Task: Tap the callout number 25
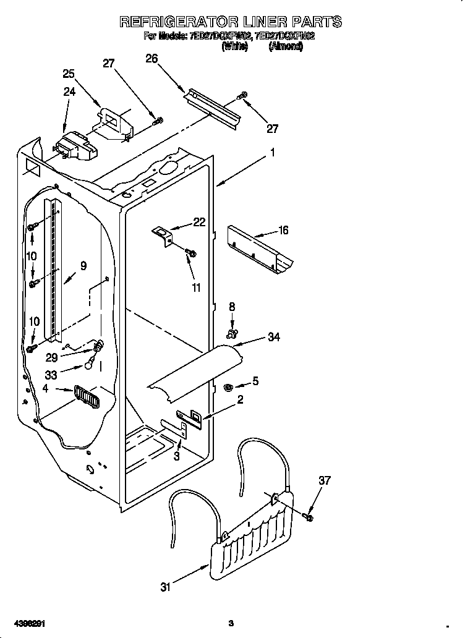(x=69, y=74)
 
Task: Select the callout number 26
(x=151, y=59)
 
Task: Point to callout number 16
(x=283, y=231)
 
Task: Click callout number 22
(x=198, y=223)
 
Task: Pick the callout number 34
(x=273, y=337)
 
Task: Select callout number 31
(x=165, y=587)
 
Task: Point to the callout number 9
(x=83, y=266)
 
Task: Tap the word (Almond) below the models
(x=285, y=46)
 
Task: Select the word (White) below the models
(x=234, y=46)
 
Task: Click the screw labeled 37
(x=309, y=514)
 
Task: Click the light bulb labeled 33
(x=91, y=365)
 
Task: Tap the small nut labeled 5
(x=228, y=388)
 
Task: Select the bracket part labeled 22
(x=163, y=235)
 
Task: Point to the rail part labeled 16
(x=260, y=250)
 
